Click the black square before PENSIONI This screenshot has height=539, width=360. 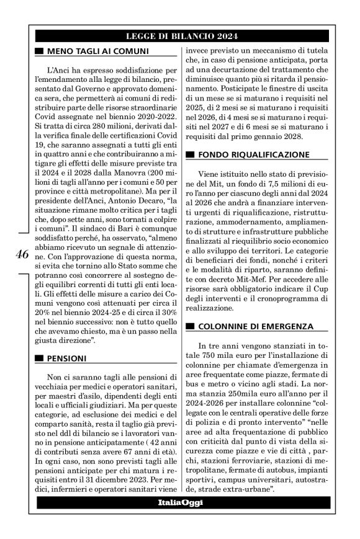(40, 359)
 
